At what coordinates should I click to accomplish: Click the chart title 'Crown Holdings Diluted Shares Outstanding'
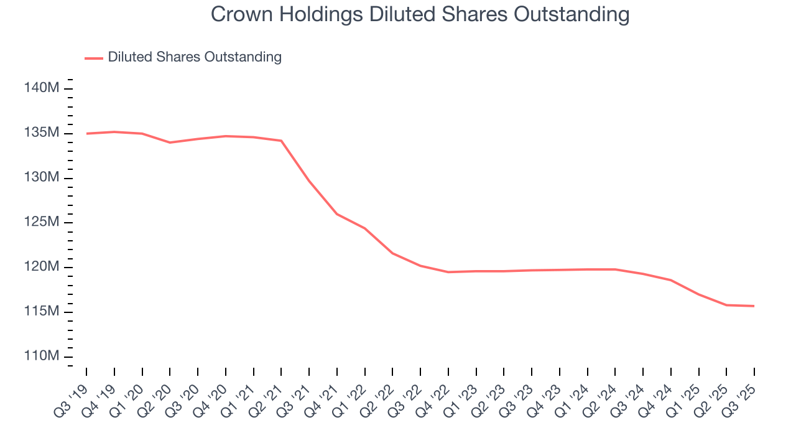pyautogui.click(x=420, y=14)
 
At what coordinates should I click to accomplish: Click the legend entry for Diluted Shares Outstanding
pyautogui.click(x=194, y=57)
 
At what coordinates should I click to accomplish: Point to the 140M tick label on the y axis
pyautogui.click(x=42, y=88)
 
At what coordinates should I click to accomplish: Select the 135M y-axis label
pyautogui.click(x=42, y=133)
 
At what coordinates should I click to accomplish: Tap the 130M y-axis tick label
pyautogui.click(x=42, y=178)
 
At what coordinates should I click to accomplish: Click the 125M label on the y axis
pyautogui.click(x=42, y=222)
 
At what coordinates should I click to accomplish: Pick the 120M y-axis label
pyautogui.click(x=42, y=267)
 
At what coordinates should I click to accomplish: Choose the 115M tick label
pyautogui.click(x=42, y=311)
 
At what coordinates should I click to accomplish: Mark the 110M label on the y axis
pyautogui.click(x=42, y=356)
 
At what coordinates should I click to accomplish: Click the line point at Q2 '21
pyautogui.click(x=281, y=141)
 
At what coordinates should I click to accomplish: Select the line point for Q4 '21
pyautogui.click(x=337, y=214)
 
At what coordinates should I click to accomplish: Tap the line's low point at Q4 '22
pyautogui.click(x=448, y=272)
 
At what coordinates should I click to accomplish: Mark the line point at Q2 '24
pyautogui.click(x=615, y=269)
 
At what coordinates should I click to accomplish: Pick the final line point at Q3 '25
pyautogui.click(x=754, y=306)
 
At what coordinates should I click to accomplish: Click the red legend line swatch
pyautogui.click(x=94, y=58)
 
